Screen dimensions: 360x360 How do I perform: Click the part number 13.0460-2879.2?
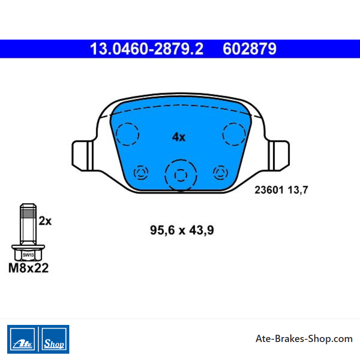point(147,49)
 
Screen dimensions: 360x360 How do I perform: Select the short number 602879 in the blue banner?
point(250,49)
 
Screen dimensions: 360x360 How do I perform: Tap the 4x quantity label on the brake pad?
point(179,137)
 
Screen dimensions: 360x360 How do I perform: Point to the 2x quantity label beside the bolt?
point(45,221)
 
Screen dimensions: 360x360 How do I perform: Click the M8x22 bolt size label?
point(28,268)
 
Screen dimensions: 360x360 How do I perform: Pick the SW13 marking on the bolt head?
point(28,255)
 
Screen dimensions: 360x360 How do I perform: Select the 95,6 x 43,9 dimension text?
point(182,230)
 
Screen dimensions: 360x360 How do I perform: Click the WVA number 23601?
point(269,190)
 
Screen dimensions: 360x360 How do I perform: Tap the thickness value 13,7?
point(298,190)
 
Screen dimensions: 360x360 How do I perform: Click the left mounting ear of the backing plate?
point(82,156)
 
